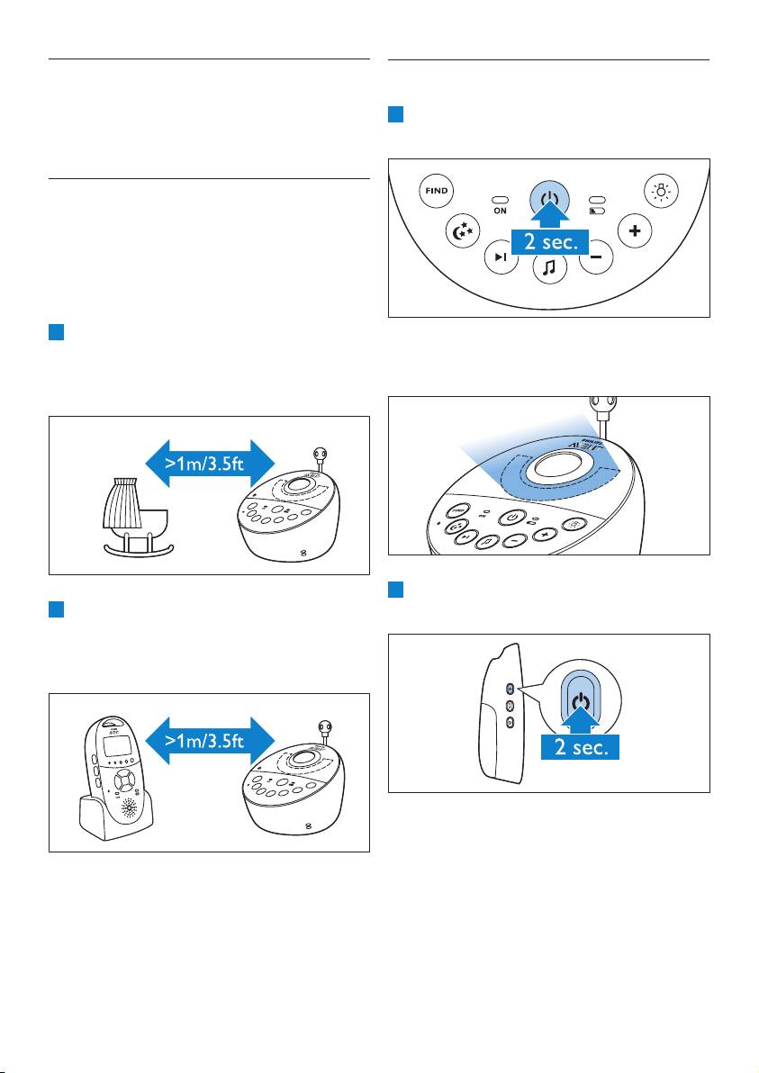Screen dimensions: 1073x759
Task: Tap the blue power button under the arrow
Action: click(549, 198)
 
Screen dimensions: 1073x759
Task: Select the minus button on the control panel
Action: click(595, 258)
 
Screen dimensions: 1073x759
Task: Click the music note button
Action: click(548, 267)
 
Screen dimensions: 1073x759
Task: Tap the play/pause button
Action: click(501, 258)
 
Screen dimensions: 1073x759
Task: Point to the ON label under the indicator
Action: click(500, 211)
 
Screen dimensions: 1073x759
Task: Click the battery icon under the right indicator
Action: click(598, 211)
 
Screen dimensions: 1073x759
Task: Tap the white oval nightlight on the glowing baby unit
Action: click(557, 465)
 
